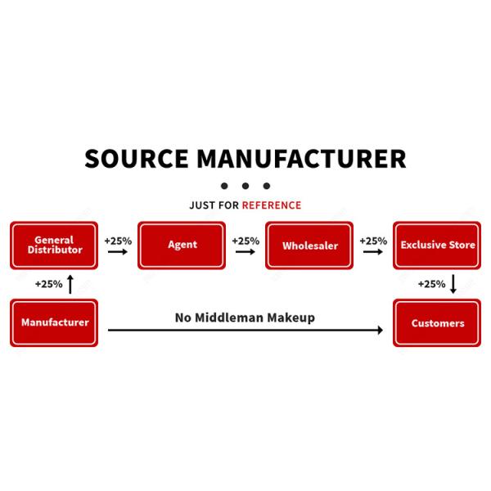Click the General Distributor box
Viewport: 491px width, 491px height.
[54, 245]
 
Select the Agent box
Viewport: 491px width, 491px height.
[182, 245]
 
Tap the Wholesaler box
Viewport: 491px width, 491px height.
[309, 245]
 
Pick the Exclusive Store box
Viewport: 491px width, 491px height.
[436, 245]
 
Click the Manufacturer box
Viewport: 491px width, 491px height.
[54, 322]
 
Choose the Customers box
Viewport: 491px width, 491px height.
[436, 322]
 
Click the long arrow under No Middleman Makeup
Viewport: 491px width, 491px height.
[245, 330]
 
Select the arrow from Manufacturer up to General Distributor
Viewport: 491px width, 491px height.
[70, 285]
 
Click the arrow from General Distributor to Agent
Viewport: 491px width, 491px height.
[118, 252]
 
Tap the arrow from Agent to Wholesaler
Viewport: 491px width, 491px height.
[245, 252]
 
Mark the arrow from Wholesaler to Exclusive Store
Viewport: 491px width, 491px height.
[373, 252]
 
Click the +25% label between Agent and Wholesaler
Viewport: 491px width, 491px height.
[245, 241]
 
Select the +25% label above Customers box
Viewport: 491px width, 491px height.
[431, 285]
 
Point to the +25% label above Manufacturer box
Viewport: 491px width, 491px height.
[49, 285]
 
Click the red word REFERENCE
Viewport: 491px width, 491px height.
[271, 205]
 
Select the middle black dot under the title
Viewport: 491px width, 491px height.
[245, 186]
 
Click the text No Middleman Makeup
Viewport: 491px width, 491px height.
[245, 317]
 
